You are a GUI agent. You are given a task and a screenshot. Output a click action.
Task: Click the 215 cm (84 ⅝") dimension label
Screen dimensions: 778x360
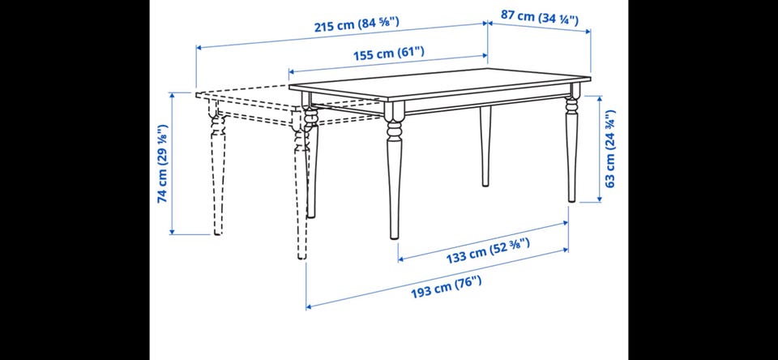(x=357, y=24)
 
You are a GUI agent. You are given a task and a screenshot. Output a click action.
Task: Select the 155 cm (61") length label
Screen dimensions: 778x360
(x=389, y=53)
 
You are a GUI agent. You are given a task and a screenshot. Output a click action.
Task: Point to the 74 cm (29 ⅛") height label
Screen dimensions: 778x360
(x=163, y=163)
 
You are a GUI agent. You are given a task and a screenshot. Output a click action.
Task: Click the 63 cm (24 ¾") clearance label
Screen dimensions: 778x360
(x=609, y=148)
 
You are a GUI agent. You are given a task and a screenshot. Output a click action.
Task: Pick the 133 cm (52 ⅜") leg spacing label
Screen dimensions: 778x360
(x=488, y=251)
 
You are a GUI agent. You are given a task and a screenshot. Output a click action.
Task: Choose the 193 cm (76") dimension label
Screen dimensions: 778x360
(x=446, y=287)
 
